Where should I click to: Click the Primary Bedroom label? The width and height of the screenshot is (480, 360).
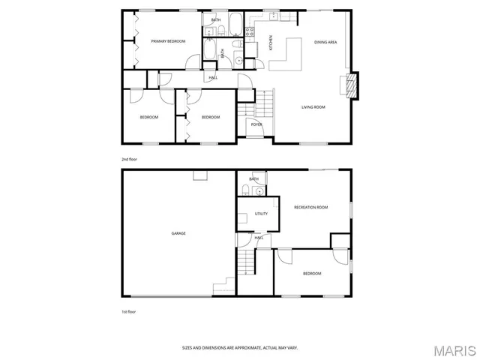click(168, 41)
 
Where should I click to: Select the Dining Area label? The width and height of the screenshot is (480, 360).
click(325, 42)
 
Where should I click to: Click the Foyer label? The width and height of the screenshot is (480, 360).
click(256, 124)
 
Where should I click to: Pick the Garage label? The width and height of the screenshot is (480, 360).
click(178, 233)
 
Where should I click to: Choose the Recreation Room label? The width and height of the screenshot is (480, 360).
click(311, 207)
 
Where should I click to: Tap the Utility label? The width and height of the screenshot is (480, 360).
click(261, 214)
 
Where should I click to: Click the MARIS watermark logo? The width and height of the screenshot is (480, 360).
click(453, 349)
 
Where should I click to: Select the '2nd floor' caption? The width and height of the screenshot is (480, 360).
click(130, 160)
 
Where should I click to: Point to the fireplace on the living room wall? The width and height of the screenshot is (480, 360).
click(350, 84)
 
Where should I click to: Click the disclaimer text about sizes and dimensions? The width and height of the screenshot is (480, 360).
click(240, 347)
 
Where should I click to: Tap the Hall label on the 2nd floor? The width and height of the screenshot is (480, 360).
click(213, 77)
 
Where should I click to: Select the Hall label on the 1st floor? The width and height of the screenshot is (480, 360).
click(259, 238)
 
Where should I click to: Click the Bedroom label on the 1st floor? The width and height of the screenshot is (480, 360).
click(312, 274)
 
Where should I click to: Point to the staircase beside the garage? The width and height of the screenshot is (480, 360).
click(246, 262)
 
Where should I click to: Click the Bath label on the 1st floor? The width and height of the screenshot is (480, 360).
click(254, 179)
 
